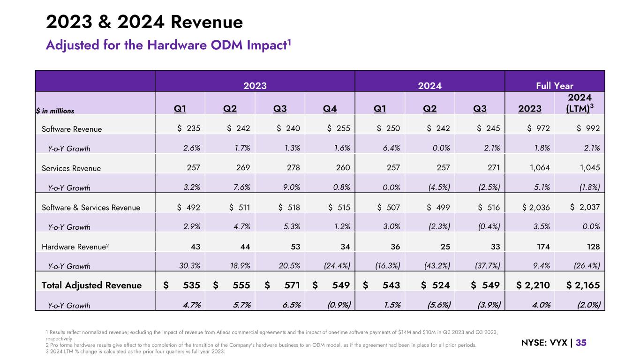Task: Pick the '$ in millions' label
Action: click(55, 111)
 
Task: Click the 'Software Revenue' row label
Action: click(72, 129)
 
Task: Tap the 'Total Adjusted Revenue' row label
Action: click(91, 285)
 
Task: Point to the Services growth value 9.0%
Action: click(291, 188)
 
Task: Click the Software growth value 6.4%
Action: click(390, 149)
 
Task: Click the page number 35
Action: click(581, 343)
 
